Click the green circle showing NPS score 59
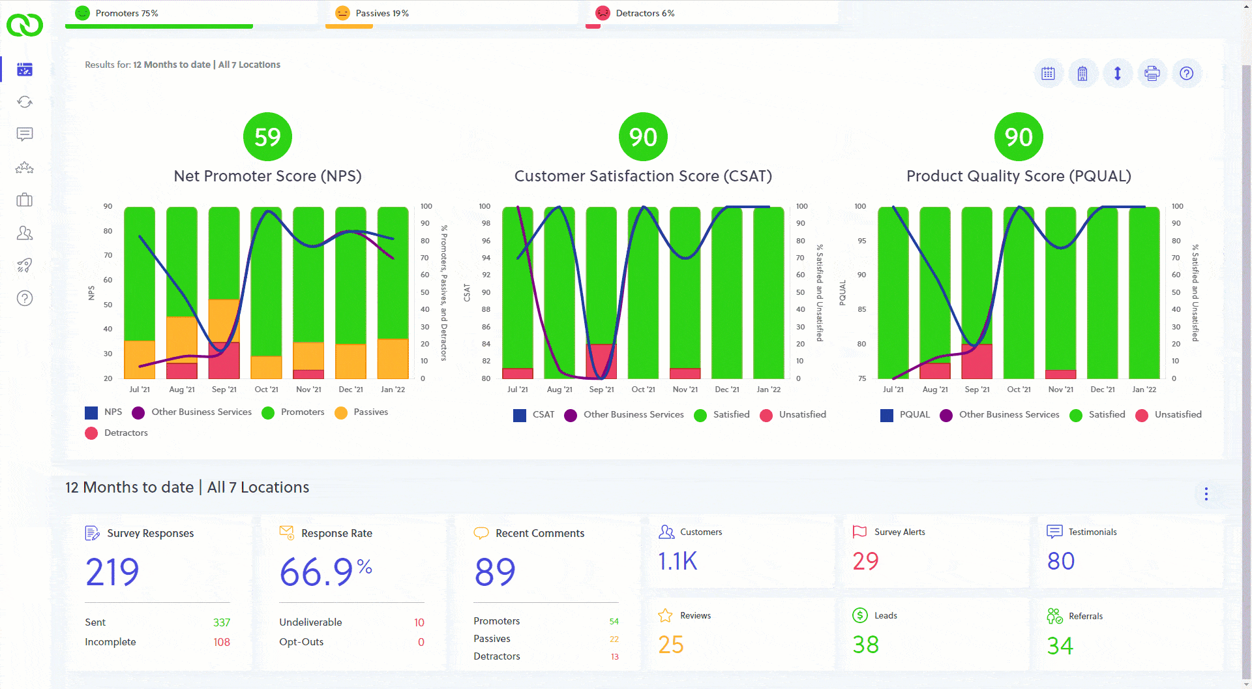[x=267, y=137]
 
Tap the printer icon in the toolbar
[x=1152, y=73]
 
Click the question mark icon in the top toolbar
[x=1187, y=73]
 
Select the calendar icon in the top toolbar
[x=1048, y=73]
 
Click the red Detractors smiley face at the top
[x=603, y=13]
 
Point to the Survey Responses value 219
[x=112, y=572]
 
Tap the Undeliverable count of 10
[x=419, y=622]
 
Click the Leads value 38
[x=865, y=645]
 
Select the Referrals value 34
[x=1060, y=646]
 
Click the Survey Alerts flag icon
[x=859, y=532]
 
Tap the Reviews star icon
[x=665, y=615]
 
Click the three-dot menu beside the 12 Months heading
[x=1206, y=494]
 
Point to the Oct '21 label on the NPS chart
[x=266, y=390]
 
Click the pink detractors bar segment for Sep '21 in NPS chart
[x=224, y=360]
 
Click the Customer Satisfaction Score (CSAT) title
[x=643, y=176]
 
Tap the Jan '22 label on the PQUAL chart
[x=1144, y=390]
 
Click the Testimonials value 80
[x=1060, y=561]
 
